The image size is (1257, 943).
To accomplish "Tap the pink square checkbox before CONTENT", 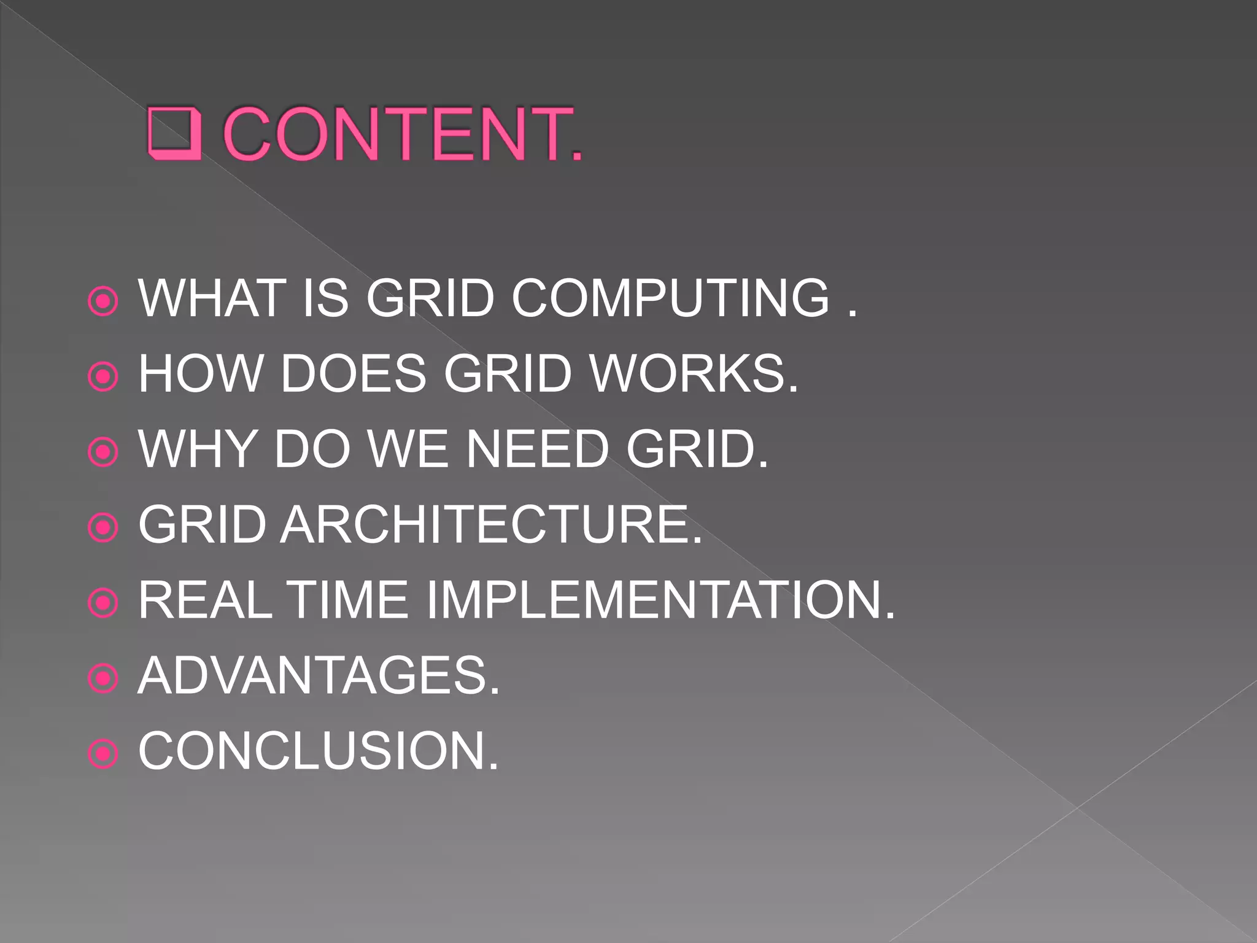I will (x=175, y=134).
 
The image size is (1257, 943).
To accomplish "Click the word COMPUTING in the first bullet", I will (x=670, y=298).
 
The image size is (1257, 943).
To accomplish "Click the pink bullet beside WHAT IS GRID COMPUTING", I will (x=103, y=301).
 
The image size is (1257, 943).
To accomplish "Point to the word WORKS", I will (x=694, y=374).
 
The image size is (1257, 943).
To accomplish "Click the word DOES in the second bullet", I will (x=353, y=374).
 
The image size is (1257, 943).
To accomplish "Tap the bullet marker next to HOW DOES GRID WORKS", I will (x=103, y=376).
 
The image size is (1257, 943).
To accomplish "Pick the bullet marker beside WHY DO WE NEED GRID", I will (x=103, y=452).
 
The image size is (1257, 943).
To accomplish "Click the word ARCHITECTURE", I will (x=491, y=525).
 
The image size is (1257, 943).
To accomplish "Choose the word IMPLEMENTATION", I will (x=660, y=600).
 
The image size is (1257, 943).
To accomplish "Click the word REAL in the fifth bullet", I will (x=205, y=600).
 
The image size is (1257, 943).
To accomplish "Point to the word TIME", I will (x=347, y=600).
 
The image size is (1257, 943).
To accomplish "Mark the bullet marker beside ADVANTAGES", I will (x=103, y=678).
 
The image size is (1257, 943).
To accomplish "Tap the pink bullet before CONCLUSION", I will (x=103, y=754).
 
